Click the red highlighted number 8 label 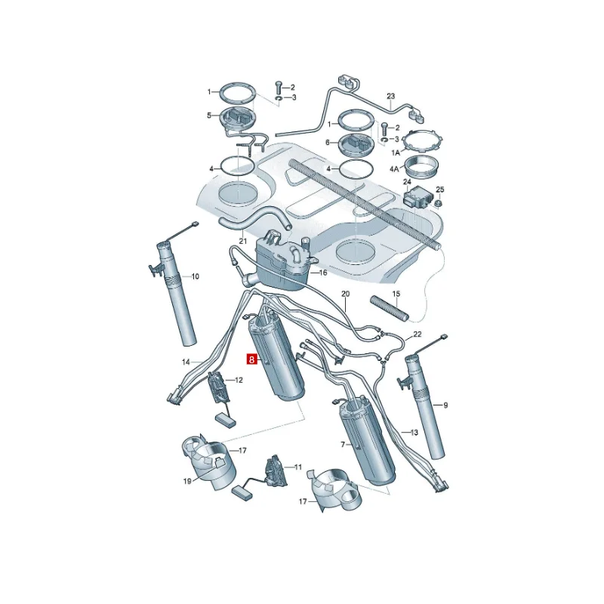(x=251, y=360)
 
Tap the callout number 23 (x=391, y=96)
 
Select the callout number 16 (x=322, y=273)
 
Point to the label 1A (x=396, y=153)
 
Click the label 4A (x=394, y=168)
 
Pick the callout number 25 (x=440, y=190)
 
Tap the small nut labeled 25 (x=438, y=202)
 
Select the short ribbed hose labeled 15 (x=390, y=309)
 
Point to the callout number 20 (x=346, y=294)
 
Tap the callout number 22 (x=418, y=334)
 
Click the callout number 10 (x=196, y=276)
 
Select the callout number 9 (x=445, y=405)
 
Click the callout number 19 (x=187, y=481)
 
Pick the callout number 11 (x=298, y=467)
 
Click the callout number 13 (x=414, y=433)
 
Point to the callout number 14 (x=186, y=362)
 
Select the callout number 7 (x=343, y=445)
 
